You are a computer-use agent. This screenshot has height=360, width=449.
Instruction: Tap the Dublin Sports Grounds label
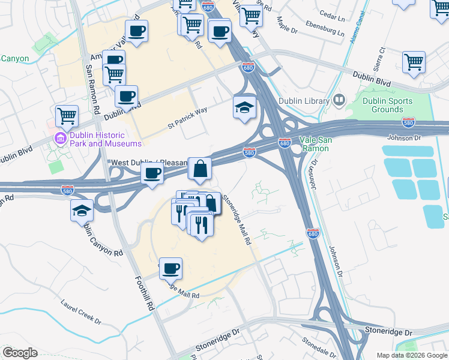pos(387,105)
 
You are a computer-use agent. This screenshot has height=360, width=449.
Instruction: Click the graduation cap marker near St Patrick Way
pos(244,108)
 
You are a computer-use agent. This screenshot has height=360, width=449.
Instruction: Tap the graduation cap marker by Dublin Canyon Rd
pos(82,211)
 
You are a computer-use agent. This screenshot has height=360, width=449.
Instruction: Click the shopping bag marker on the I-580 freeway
pos(200,169)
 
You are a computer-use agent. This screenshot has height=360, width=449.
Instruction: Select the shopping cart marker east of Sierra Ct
pos(414,62)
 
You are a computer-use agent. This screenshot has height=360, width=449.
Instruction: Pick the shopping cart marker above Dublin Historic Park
pos(67,116)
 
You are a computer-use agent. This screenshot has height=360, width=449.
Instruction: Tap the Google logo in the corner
pos(20,353)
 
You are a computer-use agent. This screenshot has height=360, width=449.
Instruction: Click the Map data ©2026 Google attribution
pos(412,355)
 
